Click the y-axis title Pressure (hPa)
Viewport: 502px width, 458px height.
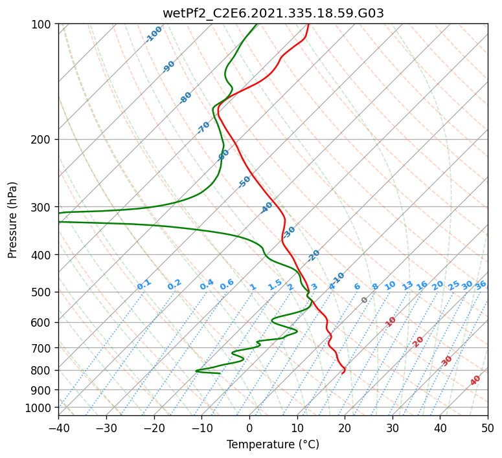tap(12, 219)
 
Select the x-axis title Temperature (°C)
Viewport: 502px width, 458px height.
tap(273, 444)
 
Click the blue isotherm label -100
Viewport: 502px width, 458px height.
tap(154, 34)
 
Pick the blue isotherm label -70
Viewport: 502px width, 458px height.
tap(204, 127)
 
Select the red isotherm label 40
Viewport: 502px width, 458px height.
tap(475, 380)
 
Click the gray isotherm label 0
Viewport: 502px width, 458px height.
tap(365, 300)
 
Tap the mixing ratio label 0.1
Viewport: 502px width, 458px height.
tap(144, 284)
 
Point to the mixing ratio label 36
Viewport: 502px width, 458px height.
tap(481, 285)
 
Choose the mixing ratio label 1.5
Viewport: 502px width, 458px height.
tap(275, 285)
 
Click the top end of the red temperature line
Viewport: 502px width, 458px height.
tap(308, 25)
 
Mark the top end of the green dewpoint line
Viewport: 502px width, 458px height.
tap(257, 25)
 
